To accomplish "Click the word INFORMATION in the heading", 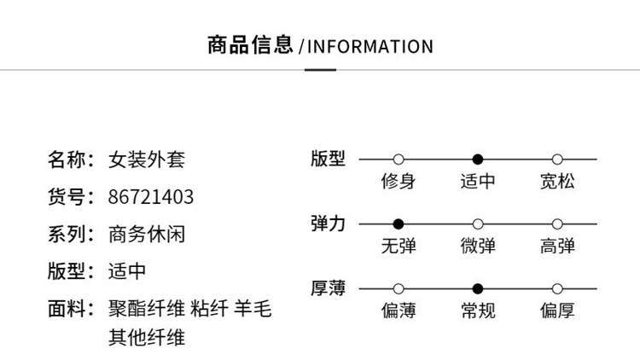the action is pyautogui.click(x=370, y=46).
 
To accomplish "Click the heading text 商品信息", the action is pyautogui.click(x=250, y=45).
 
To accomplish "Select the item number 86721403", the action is pyautogui.click(x=151, y=198).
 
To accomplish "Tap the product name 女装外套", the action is pyautogui.click(x=147, y=160).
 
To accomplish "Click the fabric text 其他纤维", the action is pyautogui.click(x=147, y=337).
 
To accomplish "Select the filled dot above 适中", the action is pyautogui.click(x=478, y=160).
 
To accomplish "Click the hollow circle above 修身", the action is pyautogui.click(x=398, y=160).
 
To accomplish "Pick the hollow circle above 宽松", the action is pyautogui.click(x=557, y=160).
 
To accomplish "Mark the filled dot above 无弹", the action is pyautogui.click(x=398, y=224).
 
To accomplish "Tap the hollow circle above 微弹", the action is pyautogui.click(x=478, y=224).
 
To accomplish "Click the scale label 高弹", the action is pyautogui.click(x=557, y=246).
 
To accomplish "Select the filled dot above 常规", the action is pyautogui.click(x=478, y=289).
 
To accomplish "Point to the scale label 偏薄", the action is pyautogui.click(x=398, y=311).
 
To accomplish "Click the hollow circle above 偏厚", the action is pyautogui.click(x=557, y=289).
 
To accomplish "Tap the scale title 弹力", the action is pyautogui.click(x=328, y=224).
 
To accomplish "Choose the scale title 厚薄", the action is pyautogui.click(x=328, y=288).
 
